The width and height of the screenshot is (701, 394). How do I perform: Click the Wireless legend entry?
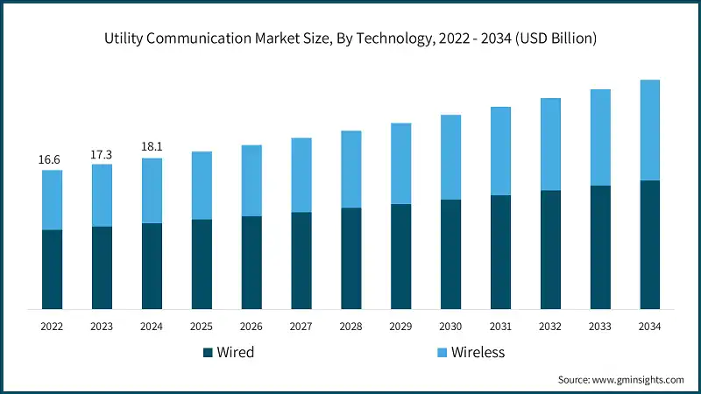pyautogui.click(x=472, y=353)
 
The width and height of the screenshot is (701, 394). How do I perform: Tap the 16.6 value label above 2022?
pyautogui.click(x=52, y=160)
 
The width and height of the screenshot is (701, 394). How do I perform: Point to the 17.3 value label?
pyautogui.click(x=102, y=154)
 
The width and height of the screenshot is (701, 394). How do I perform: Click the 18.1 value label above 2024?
pyautogui.click(x=152, y=147)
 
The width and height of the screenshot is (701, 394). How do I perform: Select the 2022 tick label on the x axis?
pyautogui.click(x=52, y=326)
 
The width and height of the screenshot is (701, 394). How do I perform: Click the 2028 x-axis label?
pyautogui.click(x=350, y=326)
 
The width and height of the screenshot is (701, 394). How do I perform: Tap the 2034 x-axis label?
pyautogui.click(x=649, y=326)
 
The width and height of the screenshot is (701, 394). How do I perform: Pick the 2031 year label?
pyautogui.click(x=500, y=326)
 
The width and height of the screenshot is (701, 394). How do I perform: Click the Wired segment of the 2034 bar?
pyautogui.click(x=649, y=244)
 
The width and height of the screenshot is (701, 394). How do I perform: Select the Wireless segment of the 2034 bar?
pyautogui.click(x=649, y=130)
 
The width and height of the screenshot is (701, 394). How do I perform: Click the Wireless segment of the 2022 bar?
pyautogui.click(x=52, y=200)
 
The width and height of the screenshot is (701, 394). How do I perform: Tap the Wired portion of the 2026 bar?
pyautogui.click(x=251, y=262)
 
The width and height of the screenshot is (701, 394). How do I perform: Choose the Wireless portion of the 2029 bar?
pyautogui.click(x=400, y=164)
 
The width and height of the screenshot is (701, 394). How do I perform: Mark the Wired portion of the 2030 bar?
pyautogui.click(x=450, y=254)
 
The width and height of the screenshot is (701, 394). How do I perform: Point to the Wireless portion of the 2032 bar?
pyautogui.click(x=550, y=144)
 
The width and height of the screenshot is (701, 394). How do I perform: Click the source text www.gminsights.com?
pyautogui.click(x=620, y=379)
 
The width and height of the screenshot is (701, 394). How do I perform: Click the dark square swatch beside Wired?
pyautogui.click(x=208, y=353)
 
